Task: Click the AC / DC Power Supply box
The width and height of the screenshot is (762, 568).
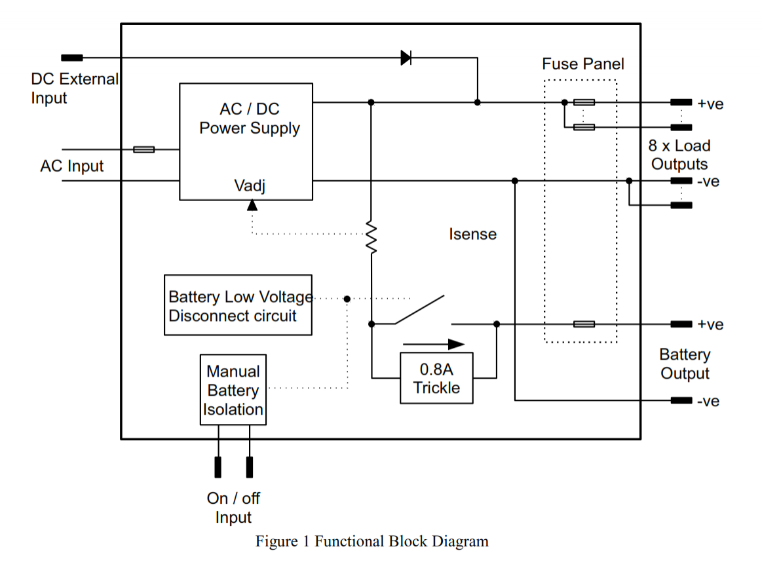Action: click(x=246, y=142)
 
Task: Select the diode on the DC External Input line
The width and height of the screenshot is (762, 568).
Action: click(x=406, y=58)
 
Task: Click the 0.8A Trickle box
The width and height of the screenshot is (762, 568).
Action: click(x=436, y=379)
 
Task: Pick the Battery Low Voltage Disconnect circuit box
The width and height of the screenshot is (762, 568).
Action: click(x=238, y=305)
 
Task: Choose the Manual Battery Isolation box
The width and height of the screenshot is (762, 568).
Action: click(x=233, y=390)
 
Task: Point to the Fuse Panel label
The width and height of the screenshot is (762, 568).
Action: click(x=582, y=64)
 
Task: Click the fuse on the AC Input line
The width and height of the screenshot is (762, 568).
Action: click(x=144, y=149)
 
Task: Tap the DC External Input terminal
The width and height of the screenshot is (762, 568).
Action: click(x=72, y=58)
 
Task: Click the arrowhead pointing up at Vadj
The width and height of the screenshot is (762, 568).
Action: click(x=252, y=204)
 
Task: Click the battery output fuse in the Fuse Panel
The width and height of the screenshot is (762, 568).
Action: click(x=584, y=324)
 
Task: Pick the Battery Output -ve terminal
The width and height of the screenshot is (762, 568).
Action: click(x=681, y=400)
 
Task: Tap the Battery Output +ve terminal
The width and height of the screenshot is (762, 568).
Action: click(x=681, y=324)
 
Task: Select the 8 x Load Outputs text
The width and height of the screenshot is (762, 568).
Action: click(x=679, y=155)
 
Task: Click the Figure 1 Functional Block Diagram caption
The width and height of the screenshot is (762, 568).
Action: click(x=371, y=542)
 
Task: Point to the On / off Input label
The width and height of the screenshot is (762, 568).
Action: click(x=233, y=508)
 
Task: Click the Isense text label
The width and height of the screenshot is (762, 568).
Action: click(x=472, y=234)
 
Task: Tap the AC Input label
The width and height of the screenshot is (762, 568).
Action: click(x=71, y=166)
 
